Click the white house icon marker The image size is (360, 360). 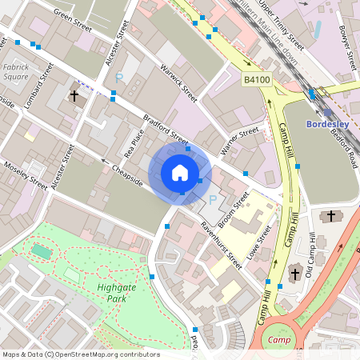pos(180,173)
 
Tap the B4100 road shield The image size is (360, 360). pos(256,79)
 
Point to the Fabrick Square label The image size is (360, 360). pos(15,72)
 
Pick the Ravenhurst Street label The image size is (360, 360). pos(221,244)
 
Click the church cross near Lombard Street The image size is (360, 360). pos(74,97)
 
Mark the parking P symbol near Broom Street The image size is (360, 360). pos(213,199)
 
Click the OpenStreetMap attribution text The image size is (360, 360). pos(80,354)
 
